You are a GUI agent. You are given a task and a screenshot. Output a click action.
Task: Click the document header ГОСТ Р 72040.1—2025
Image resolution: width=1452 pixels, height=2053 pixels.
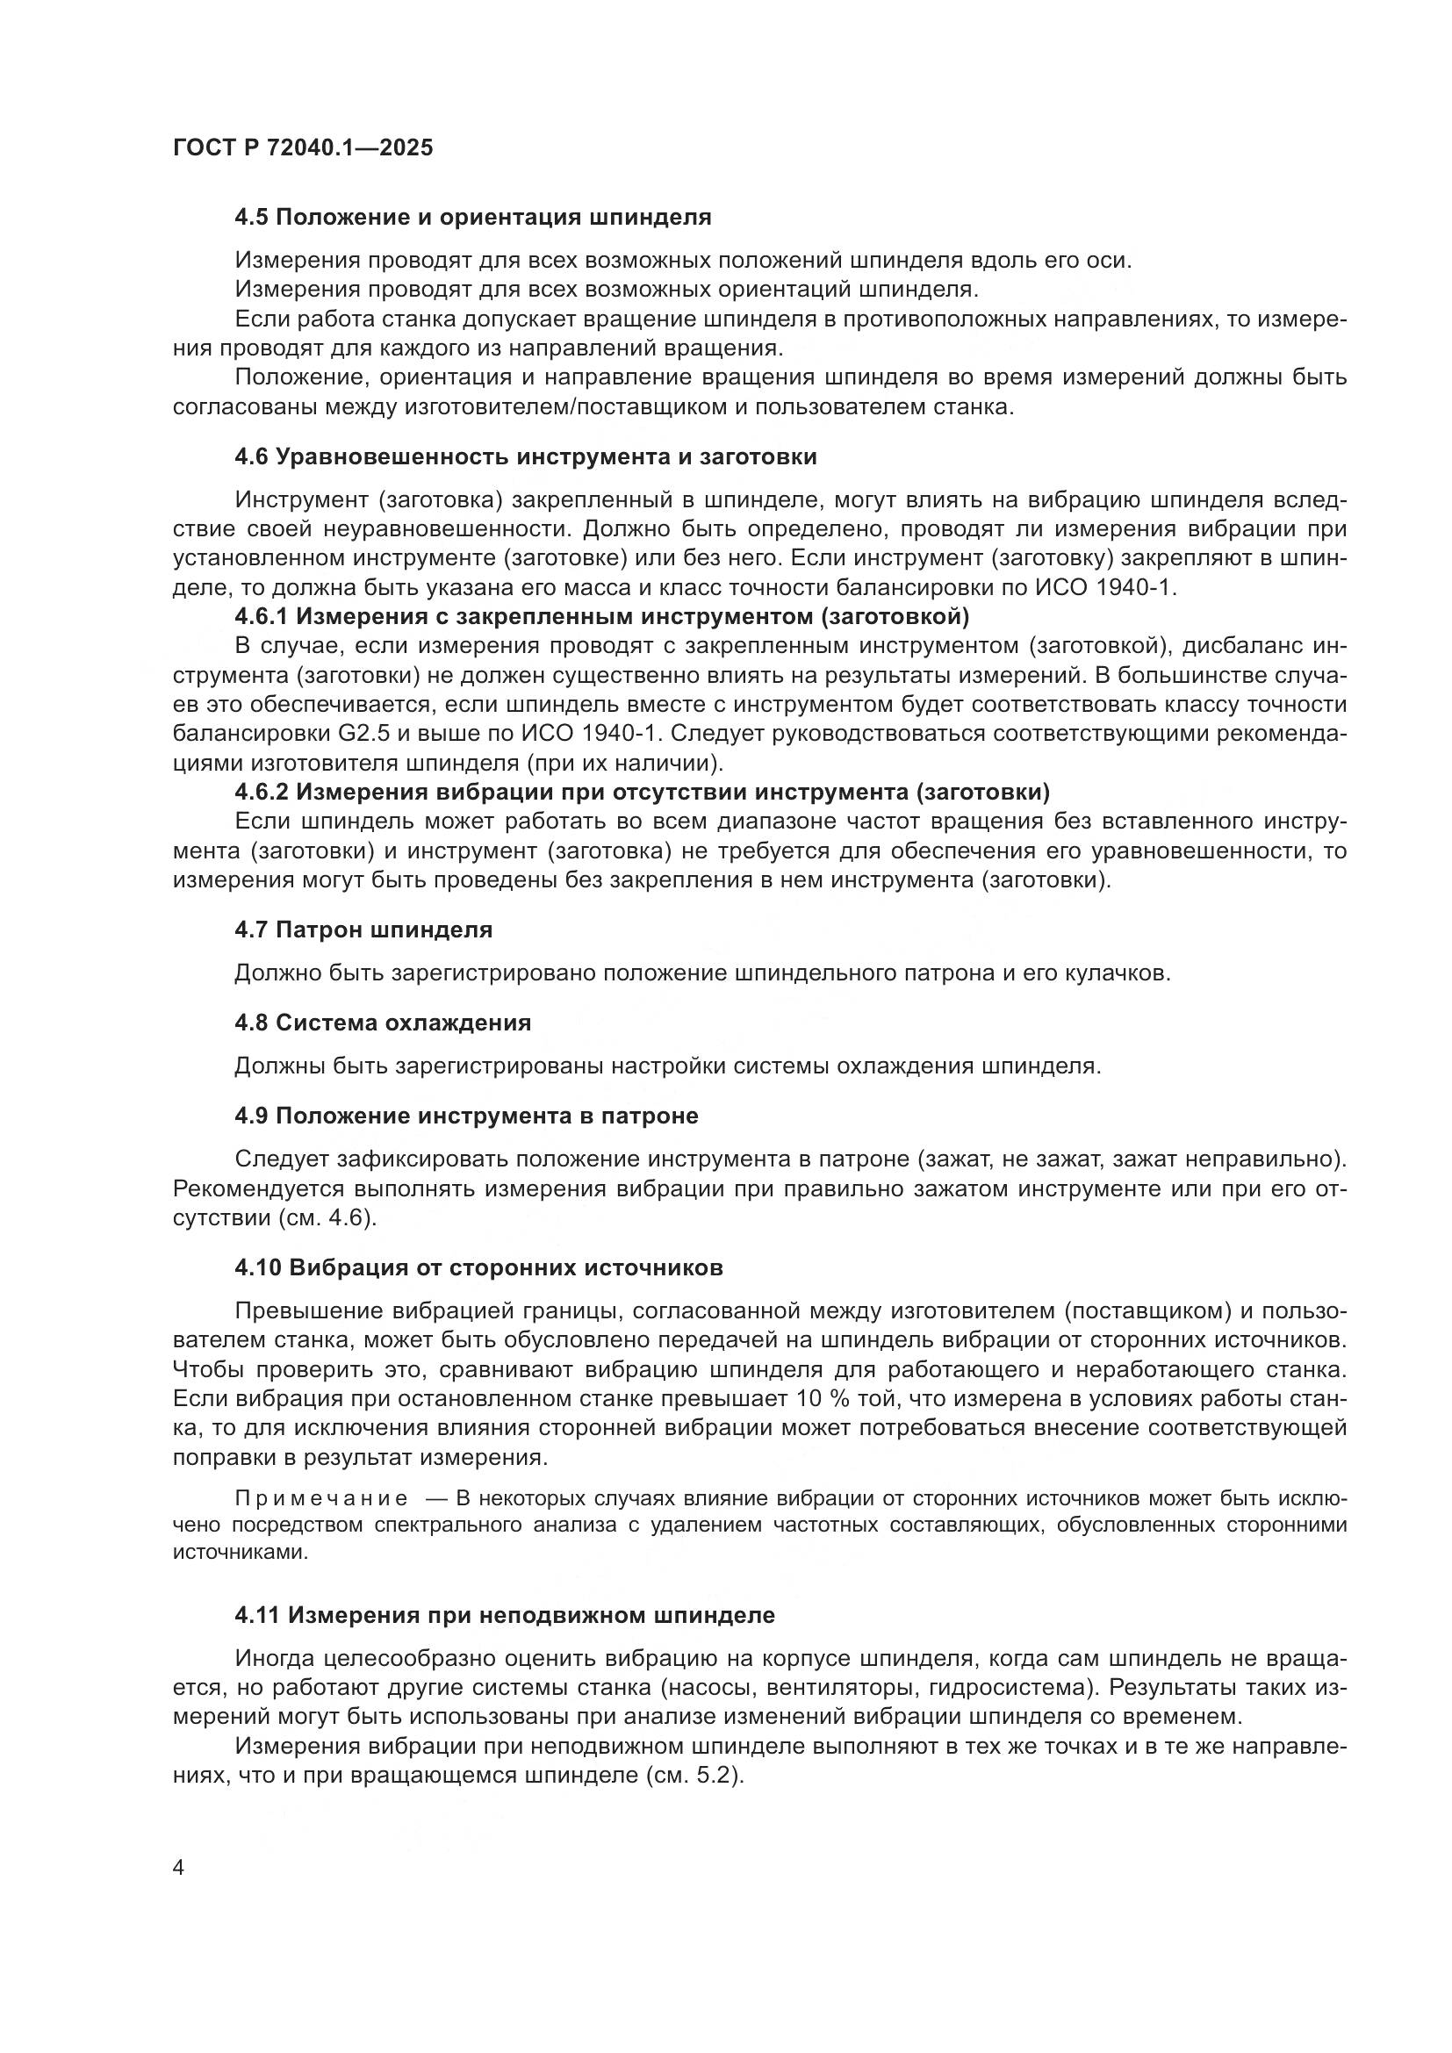click(302, 147)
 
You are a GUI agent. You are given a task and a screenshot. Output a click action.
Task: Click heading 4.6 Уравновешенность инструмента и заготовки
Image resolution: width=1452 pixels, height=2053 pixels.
click(525, 457)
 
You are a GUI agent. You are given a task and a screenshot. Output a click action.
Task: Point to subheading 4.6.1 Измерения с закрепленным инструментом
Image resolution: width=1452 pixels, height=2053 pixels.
click(600, 616)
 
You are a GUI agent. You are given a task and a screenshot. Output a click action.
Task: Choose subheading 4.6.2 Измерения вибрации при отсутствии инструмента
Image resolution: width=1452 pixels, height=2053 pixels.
click(641, 792)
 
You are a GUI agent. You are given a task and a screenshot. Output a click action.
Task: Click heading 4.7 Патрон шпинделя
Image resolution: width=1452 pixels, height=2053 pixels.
click(363, 929)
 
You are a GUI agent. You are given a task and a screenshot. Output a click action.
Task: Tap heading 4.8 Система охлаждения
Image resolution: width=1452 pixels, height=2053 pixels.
click(383, 1022)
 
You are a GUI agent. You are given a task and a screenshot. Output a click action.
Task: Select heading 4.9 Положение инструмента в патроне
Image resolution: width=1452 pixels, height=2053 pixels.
click(466, 1115)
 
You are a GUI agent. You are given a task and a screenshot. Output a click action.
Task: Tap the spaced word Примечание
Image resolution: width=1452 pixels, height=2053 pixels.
click(322, 1498)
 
